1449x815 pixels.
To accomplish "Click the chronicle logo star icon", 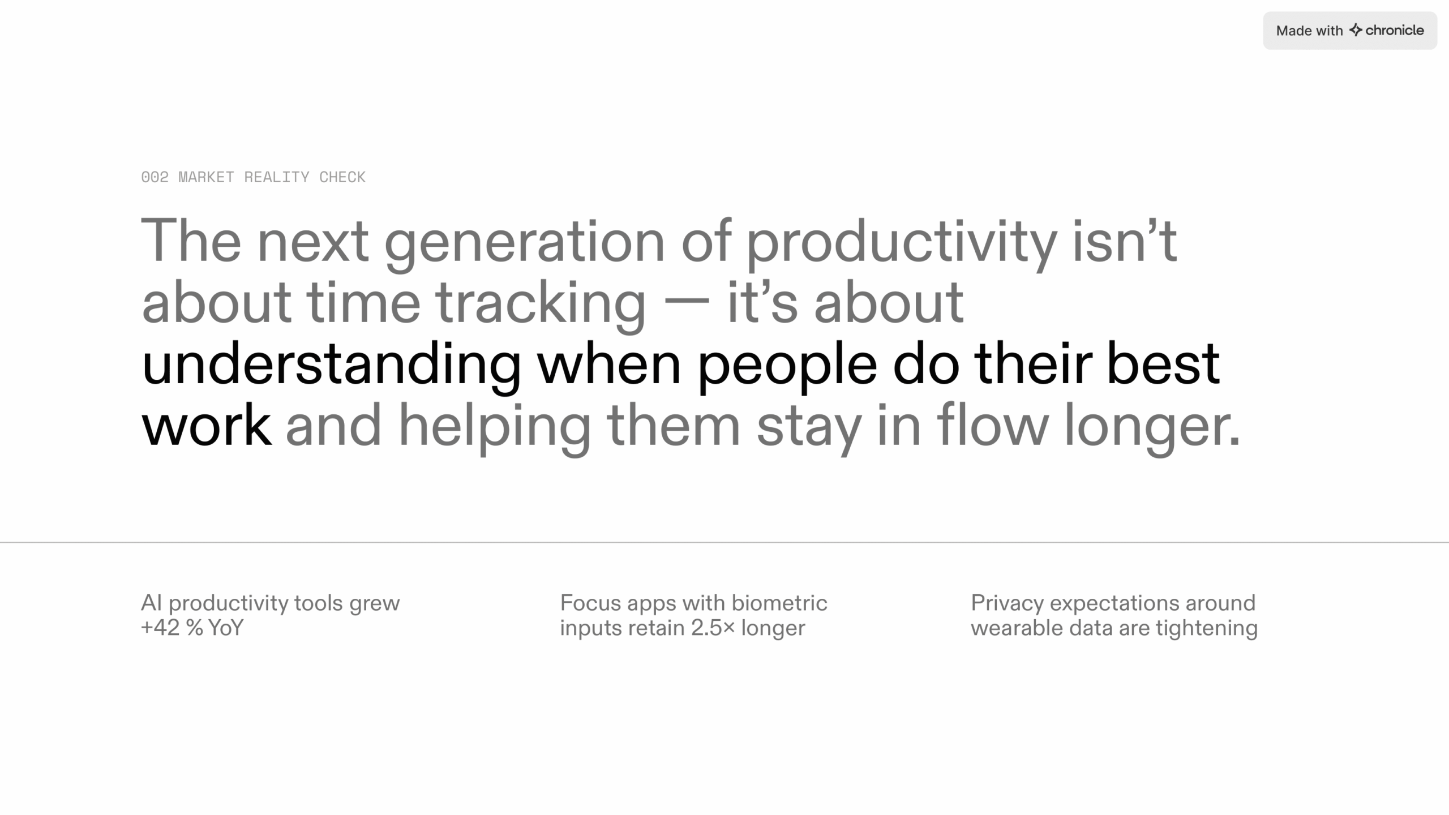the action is pos(1356,30).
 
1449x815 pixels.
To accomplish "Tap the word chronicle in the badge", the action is pos(1395,30).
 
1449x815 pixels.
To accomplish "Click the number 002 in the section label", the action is pos(155,177).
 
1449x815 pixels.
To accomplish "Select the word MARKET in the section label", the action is pos(206,177).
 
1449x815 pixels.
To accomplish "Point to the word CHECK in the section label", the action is pos(342,177).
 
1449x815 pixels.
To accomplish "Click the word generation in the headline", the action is pos(524,242).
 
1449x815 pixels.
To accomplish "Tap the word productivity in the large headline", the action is pos(902,242).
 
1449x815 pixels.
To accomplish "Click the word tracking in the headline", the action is pos(541,304).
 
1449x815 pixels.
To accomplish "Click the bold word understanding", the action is pos(331,365).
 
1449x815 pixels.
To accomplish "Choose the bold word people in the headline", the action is pos(787,365).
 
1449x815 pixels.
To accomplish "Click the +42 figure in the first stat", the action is pos(160,628).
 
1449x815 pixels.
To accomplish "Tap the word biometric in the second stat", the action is pos(779,603).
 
